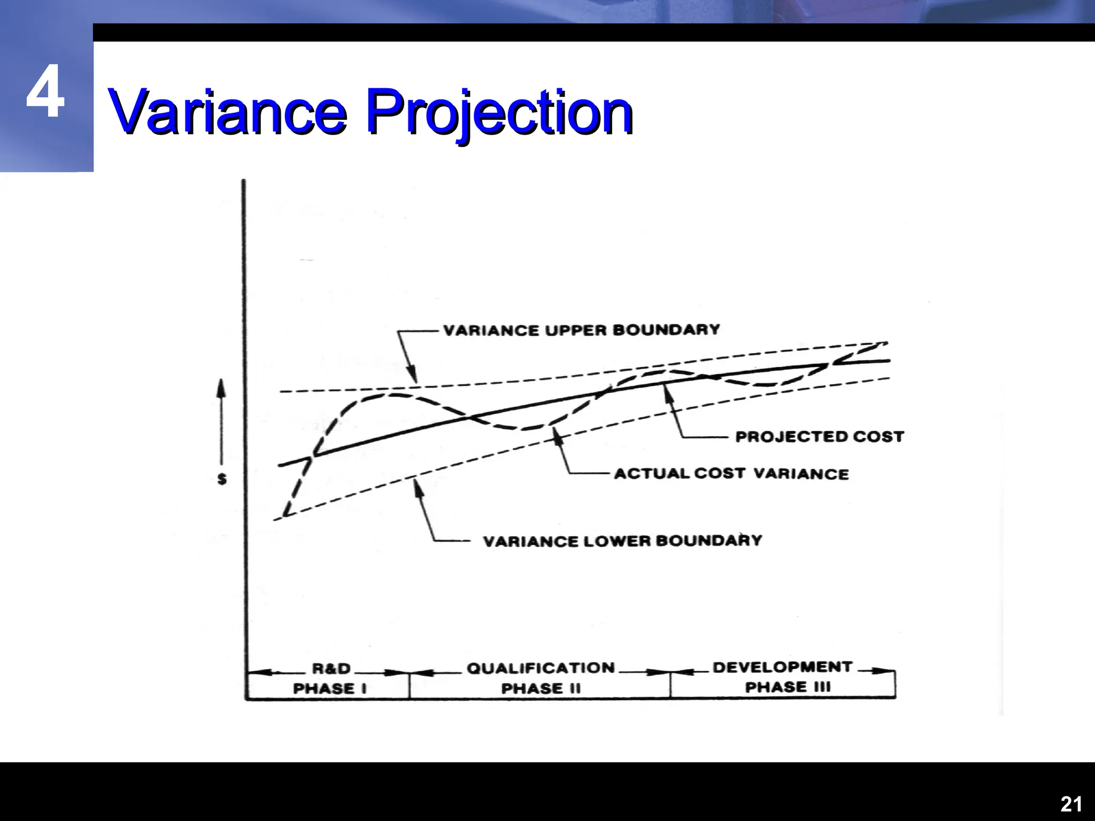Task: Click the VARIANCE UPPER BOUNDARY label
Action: (581, 330)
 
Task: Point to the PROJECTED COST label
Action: (820, 437)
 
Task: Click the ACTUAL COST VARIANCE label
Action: (731, 474)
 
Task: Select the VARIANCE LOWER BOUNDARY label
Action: (622, 541)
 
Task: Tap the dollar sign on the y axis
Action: (222, 479)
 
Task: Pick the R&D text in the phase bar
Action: (331, 669)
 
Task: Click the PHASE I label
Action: (330, 688)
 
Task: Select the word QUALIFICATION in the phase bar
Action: (541, 668)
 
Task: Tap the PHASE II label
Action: (541, 688)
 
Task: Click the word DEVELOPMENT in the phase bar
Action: (782, 667)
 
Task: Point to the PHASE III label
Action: (788, 687)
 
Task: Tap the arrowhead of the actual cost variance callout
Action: (558, 435)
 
